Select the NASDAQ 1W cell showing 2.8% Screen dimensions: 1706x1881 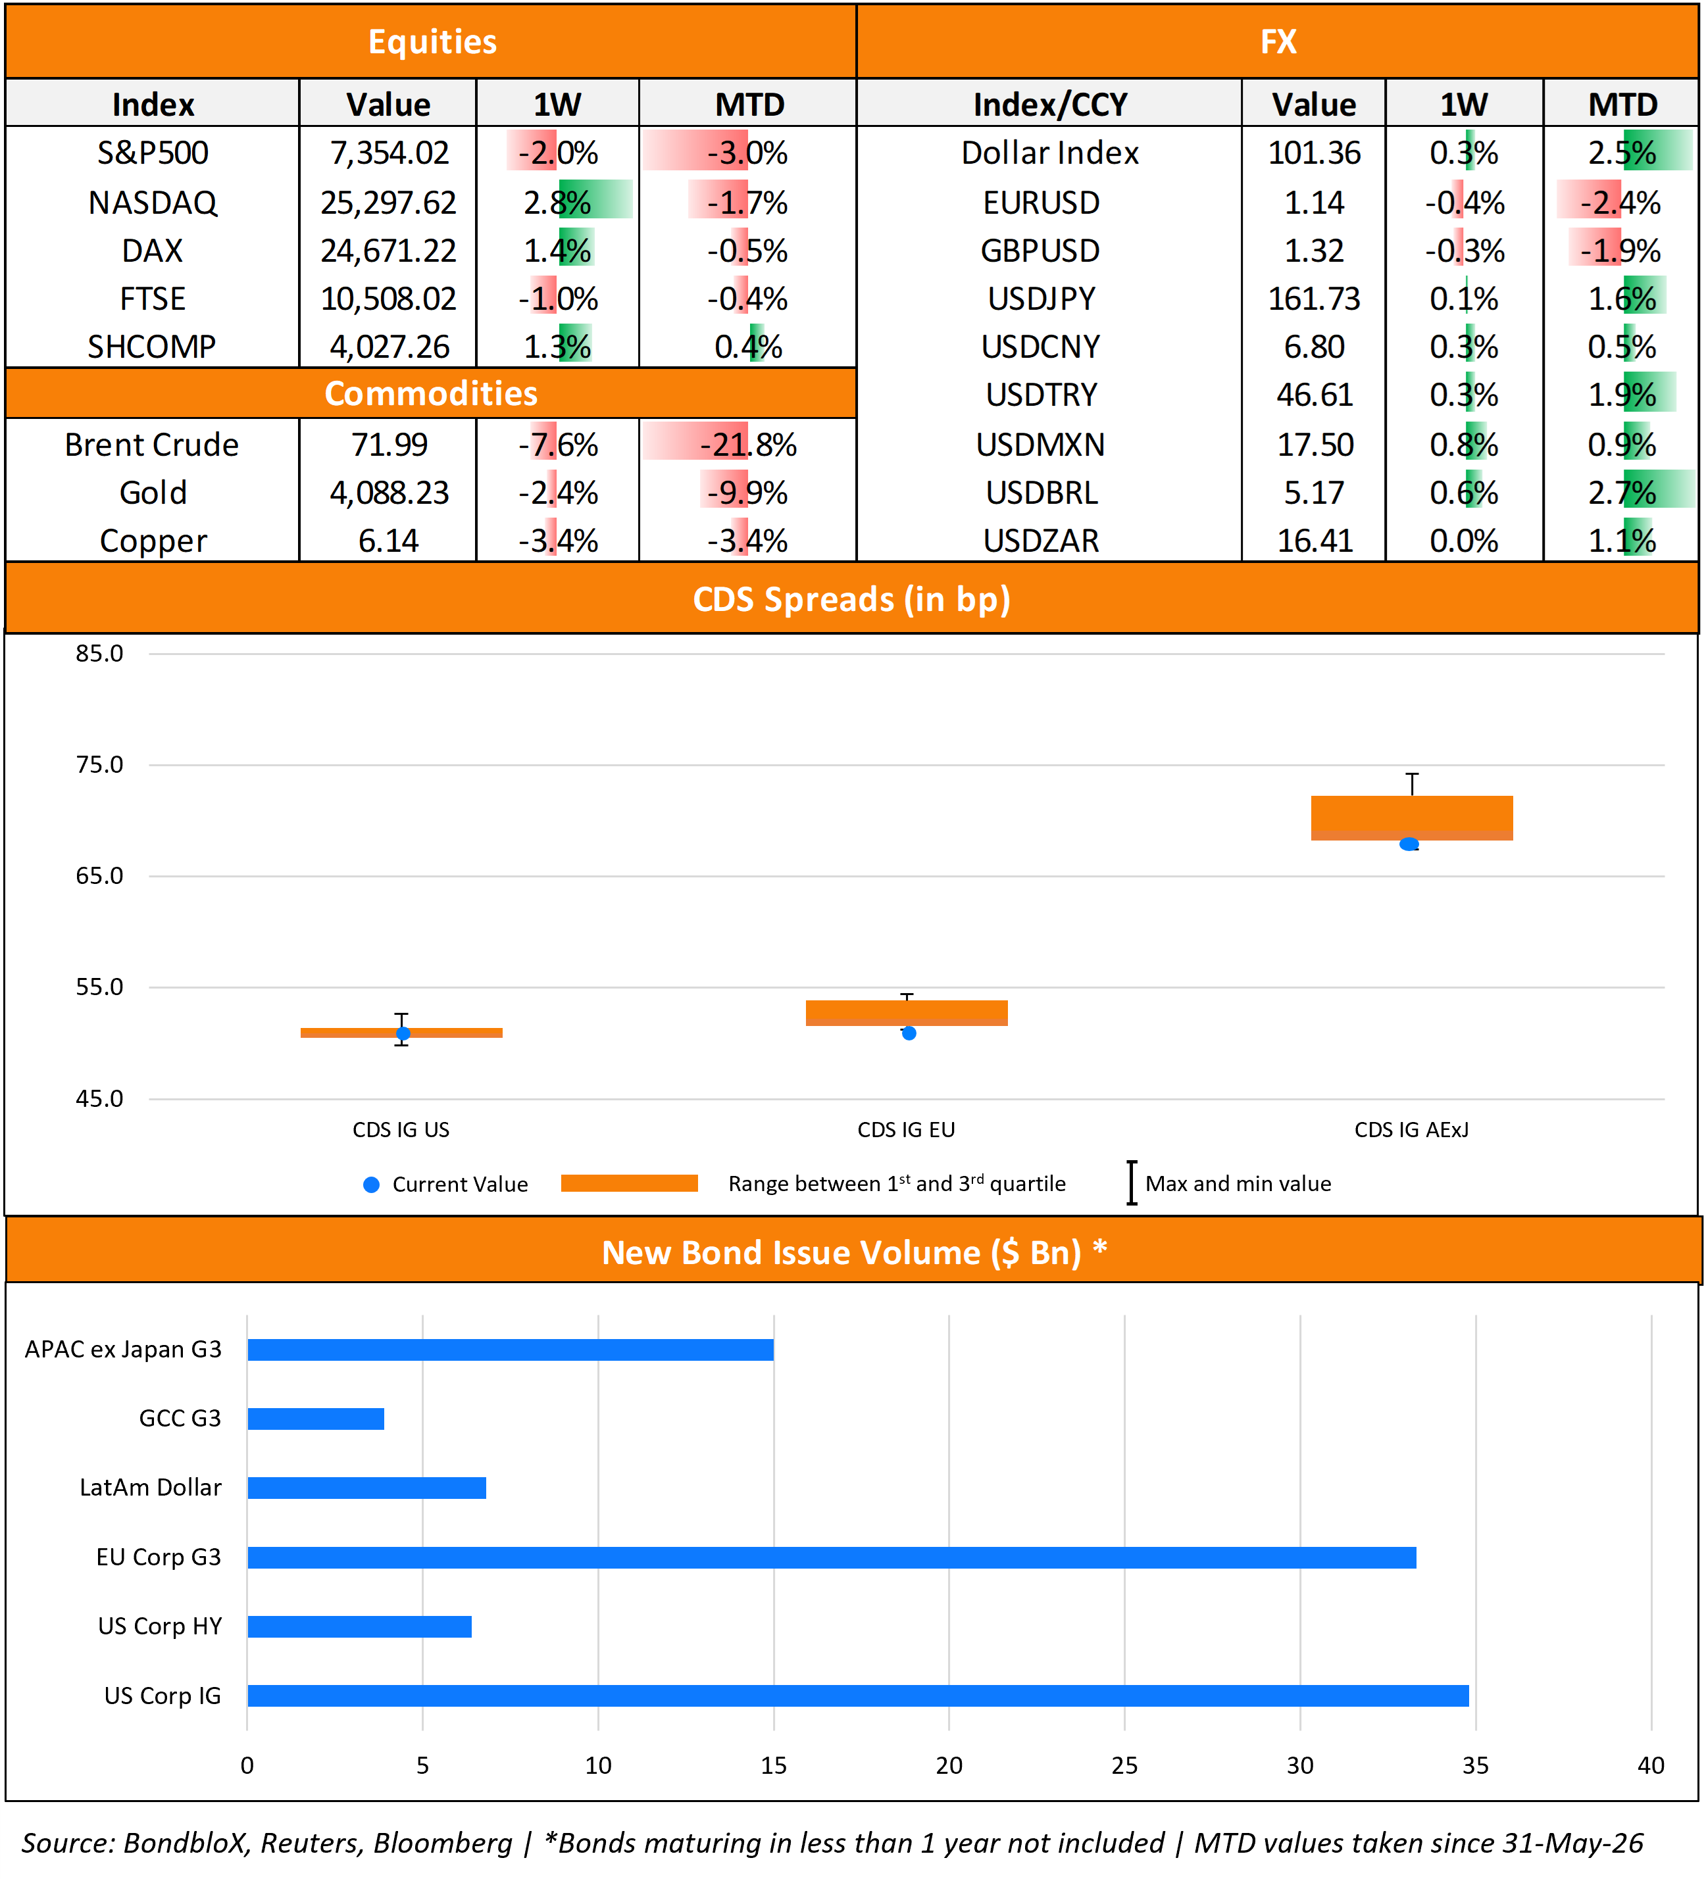tap(557, 201)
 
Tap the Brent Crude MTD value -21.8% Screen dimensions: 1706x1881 tap(749, 444)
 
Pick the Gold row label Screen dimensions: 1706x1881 tap(153, 492)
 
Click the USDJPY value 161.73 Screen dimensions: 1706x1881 tap(1314, 299)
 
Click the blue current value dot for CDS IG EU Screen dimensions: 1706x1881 tap(909, 1033)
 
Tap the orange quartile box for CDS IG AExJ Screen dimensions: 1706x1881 tap(1411, 818)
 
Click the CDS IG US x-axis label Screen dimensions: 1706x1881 tap(401, 1129)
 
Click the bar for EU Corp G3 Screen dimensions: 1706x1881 tap(832, 1557)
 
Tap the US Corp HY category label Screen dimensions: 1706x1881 tap(161, 1626)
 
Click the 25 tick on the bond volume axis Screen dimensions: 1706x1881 tap(1124, 1765)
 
